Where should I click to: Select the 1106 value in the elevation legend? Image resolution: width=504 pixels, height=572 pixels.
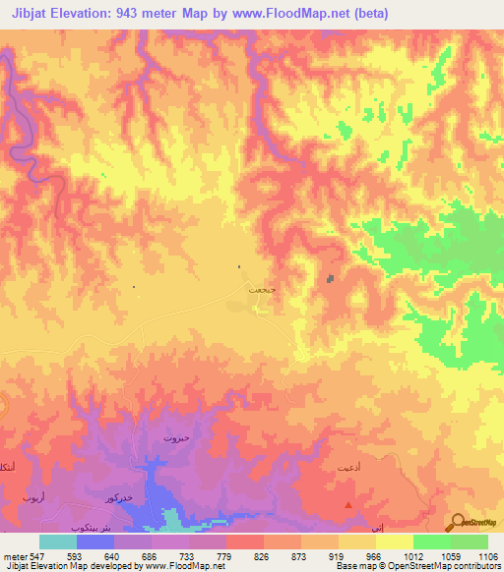[x=486, y=554]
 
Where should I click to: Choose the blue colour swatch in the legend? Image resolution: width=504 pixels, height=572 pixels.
[x=94, y=542]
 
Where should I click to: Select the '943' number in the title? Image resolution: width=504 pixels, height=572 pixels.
[x=147, y=14]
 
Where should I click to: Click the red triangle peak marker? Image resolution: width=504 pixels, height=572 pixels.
[x=348, y=504]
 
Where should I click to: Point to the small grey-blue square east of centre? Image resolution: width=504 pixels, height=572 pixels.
[x=330, y=278]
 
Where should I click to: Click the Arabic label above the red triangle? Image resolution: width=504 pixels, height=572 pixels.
[x=348, y=464]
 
